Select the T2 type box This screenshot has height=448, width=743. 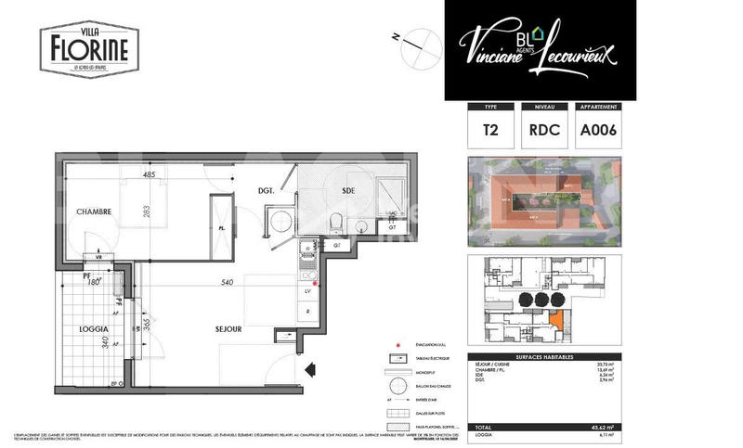(489, 131)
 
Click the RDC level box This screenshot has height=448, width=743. (543, 131)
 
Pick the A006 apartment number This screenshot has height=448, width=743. (598, 131)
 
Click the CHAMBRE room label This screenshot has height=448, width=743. (94, 211)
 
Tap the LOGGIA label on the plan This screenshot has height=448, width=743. (94, 329)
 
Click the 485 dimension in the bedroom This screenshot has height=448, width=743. (149, 174)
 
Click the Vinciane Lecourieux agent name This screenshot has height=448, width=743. (539, 44)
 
